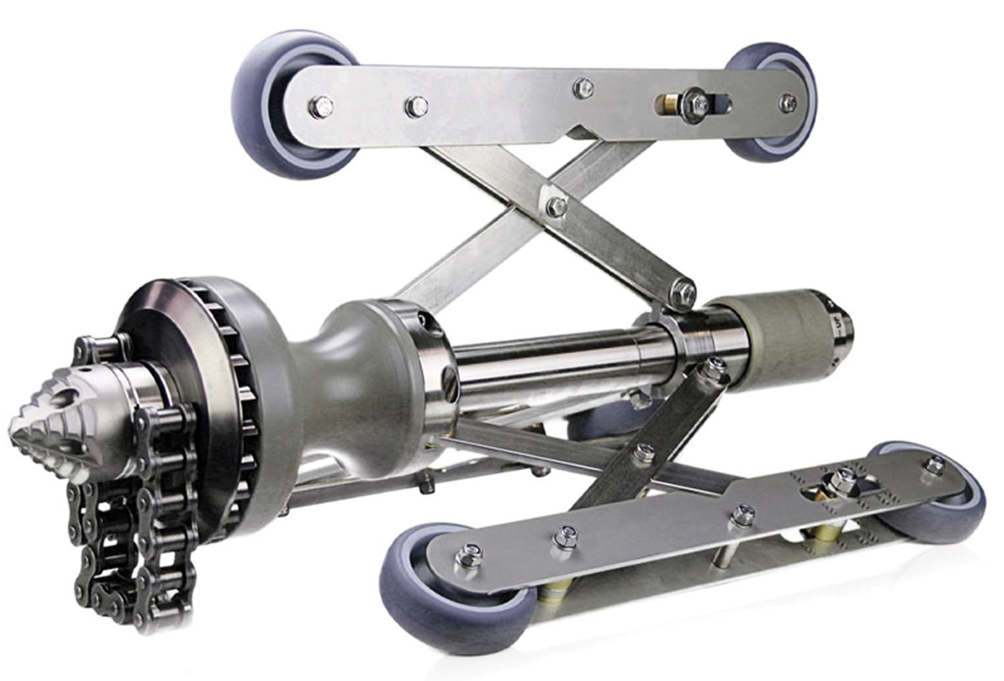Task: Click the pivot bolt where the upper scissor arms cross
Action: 556,207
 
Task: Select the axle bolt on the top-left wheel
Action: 320,108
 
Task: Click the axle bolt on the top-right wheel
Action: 787,102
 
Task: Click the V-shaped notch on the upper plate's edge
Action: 581,133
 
